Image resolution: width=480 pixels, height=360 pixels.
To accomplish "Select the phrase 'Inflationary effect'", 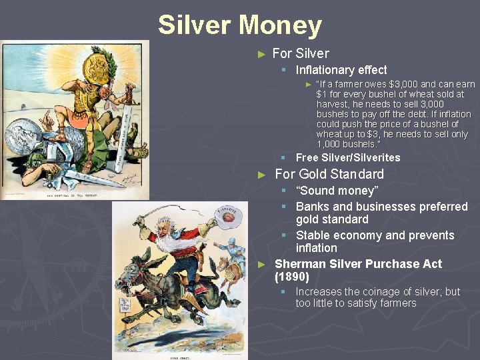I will click(341, 70).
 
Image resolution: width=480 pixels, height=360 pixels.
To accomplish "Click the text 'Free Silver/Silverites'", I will click(347, 158).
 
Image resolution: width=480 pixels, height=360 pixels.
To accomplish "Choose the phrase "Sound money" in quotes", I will click(336, 191).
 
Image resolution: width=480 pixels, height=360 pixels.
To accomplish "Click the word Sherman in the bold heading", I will click(302, 263).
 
